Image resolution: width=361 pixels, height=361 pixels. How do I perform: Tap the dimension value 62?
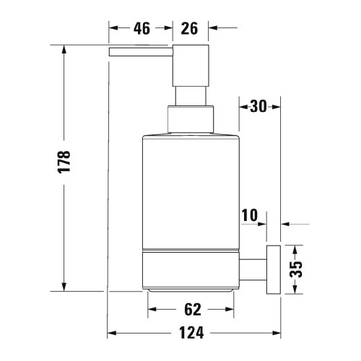click(191, 310)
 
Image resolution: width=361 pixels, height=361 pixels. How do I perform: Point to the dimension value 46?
click(141, 29)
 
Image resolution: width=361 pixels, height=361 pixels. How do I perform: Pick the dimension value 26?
click(190, 29)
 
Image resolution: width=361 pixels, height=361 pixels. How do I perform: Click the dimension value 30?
click(258, 106)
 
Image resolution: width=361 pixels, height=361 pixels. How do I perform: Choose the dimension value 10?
click(250, 214)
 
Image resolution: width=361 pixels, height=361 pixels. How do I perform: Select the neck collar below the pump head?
click(191, 120)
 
